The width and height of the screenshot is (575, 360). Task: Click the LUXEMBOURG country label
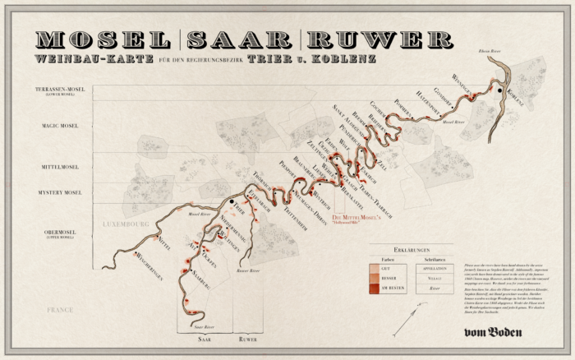pos(125,224)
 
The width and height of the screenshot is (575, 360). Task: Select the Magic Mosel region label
pos(60,127)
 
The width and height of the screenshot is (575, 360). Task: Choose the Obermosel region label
pos(61,233)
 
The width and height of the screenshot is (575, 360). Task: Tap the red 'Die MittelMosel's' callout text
pos(364,218)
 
